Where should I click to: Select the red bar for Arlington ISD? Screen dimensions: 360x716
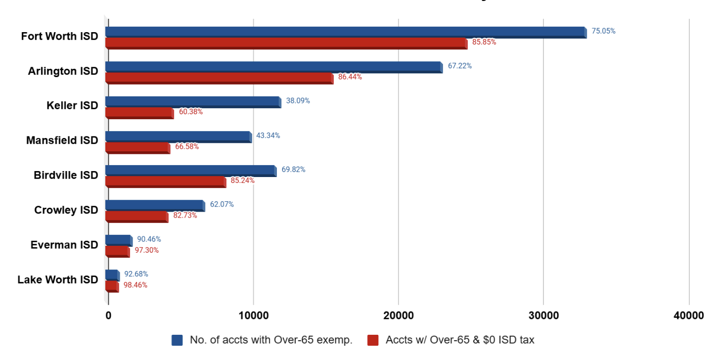(219, 78)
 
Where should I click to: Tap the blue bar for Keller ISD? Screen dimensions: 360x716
(193, 102)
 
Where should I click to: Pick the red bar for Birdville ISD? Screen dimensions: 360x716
(166, 182)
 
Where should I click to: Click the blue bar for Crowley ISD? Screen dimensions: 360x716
(155, 206)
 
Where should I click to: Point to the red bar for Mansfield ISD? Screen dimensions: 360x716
(137, 148)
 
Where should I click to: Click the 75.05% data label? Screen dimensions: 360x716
(603, 31)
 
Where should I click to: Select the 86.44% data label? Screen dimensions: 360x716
(350, 77)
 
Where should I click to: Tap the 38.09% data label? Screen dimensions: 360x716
(298, 100)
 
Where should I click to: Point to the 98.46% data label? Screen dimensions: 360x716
(135, 285)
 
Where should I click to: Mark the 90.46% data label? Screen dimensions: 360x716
(149, 239)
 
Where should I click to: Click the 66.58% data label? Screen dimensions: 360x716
(187, 146)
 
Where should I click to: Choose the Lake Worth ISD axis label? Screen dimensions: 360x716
(58, 279)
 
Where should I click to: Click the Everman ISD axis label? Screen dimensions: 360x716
(64, 245)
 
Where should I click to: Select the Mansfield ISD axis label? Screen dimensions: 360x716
(62, 140)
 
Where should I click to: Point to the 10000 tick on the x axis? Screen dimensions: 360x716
(253, 315)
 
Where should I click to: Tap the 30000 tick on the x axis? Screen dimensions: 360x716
(543, 315)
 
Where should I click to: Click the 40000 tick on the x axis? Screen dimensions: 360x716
(688, 315)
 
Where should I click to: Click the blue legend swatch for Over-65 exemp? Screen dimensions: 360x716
(177, 340)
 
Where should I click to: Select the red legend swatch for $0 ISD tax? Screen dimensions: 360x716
(373, 340)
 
